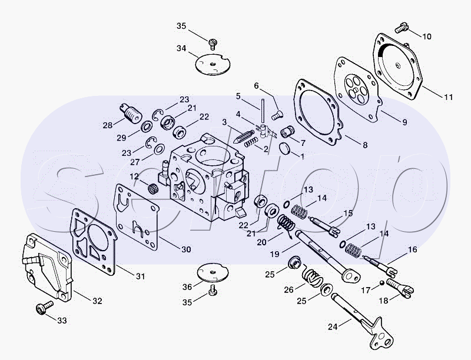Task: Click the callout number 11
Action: (448, 97)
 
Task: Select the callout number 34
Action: (181, 48)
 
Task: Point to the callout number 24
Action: (333, 326)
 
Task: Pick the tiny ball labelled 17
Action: (382, 282)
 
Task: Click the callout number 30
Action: (186, 249)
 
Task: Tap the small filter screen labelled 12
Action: (153, 188)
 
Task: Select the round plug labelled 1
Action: (285, 149)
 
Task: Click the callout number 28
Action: (108, 125)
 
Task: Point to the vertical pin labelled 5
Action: (262, 112)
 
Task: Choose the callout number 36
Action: (187, 287)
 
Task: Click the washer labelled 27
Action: (159, 148)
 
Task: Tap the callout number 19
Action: (274, 254)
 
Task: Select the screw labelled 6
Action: (277, 115)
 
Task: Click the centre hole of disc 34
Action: (212, 64)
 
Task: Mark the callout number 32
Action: (97, 301)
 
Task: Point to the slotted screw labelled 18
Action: (400, 288)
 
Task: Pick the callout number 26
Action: (288, 290)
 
